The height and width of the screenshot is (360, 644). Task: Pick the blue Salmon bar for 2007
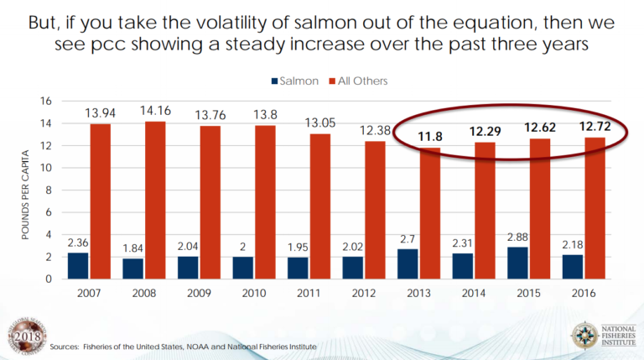click(78, 265)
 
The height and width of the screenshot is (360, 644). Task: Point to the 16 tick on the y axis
click(47, 102)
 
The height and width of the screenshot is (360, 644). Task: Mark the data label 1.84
click(133, 248)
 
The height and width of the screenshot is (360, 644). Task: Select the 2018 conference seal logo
click(23, 336)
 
